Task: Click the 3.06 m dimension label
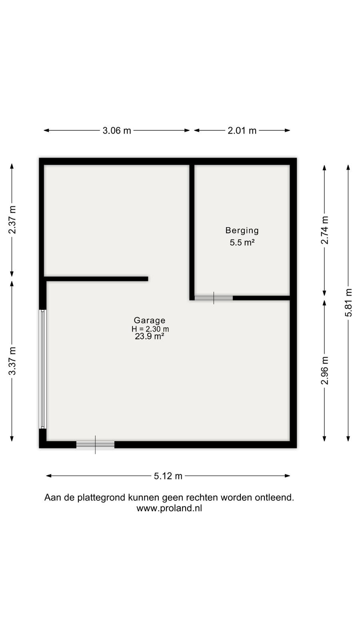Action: [x=117, y=130]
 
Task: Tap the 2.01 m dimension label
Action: [x=242, y=130]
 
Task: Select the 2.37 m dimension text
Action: [x=12, y=220]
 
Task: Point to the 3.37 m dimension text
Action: [x=12, y=361]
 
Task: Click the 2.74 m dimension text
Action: [x=324, y=230]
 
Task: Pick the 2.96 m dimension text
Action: [x=324, y=370]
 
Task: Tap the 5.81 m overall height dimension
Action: [x=348, y=302]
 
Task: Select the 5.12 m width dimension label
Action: [x=168, y=476]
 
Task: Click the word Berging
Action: [x=242, y=230]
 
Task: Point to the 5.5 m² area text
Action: [x=242, y=242]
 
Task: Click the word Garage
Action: [x=150, y=320]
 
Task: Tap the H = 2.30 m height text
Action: [x=150, y=329]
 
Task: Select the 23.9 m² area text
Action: [x=150, y=336]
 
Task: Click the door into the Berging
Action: [x=214, y=298]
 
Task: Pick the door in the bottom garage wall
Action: [x=96, y=444]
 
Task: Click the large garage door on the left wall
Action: [x=43, y=369]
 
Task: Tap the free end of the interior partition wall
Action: [x=148, y=279]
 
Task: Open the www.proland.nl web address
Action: [x=169, y=508]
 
